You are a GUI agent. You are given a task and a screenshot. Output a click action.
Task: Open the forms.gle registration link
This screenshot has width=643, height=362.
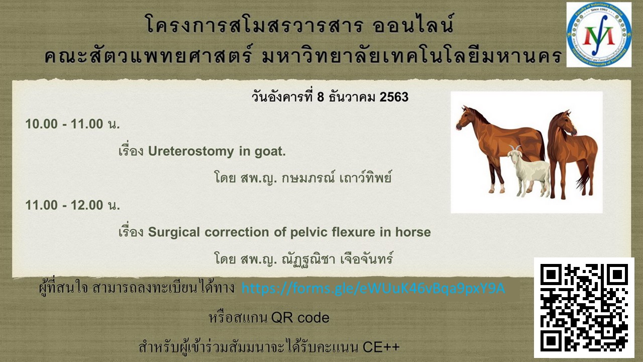(373, 288)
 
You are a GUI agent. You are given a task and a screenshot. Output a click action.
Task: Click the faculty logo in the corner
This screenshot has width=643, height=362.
(599, 35)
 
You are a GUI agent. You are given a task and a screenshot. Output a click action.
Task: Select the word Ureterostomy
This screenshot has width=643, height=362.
(191, 151)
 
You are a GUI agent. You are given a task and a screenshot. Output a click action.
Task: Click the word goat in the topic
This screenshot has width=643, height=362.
(270, 152)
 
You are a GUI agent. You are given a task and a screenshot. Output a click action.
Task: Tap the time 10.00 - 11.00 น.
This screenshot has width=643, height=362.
(73, 124)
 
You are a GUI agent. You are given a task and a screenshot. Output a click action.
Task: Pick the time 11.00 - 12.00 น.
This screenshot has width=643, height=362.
(73, 205)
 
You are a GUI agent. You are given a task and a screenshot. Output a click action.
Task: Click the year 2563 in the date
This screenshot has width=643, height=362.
(394, 97)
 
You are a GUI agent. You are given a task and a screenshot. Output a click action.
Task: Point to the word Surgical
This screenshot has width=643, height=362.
(174, 232)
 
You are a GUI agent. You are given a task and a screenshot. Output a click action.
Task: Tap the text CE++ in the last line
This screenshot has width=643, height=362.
(381, 347)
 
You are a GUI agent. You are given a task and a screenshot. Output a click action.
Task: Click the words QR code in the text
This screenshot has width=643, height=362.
(300, 318)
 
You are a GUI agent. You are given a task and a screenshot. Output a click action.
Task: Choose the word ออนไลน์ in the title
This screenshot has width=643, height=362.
(413, 24)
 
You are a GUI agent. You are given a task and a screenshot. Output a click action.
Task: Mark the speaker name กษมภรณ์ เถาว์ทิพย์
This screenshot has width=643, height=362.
(337, 177)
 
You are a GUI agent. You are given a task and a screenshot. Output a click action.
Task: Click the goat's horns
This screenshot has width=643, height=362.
(515, 148)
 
